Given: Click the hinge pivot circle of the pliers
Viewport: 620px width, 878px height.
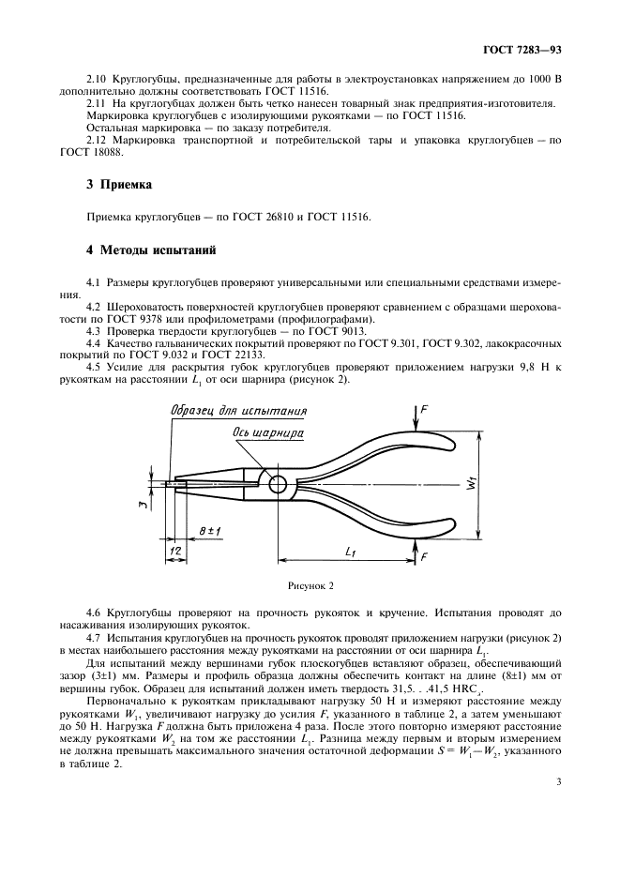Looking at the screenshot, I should pos(279,484).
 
